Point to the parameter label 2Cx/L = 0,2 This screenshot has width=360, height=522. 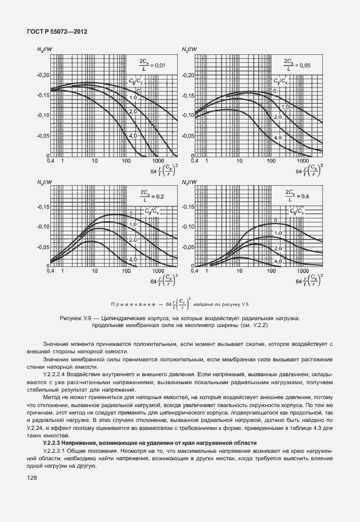[x=152, y=196]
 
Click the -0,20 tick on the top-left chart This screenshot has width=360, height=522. [x=43, y=75]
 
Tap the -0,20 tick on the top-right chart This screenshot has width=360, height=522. [x=187, y=75]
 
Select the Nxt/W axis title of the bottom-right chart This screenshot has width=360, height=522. [x=189, y=182]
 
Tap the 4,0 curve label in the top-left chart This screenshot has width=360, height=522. [x=133, y=136]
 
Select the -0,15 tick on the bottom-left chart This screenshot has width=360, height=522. [x=43, y=207]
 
